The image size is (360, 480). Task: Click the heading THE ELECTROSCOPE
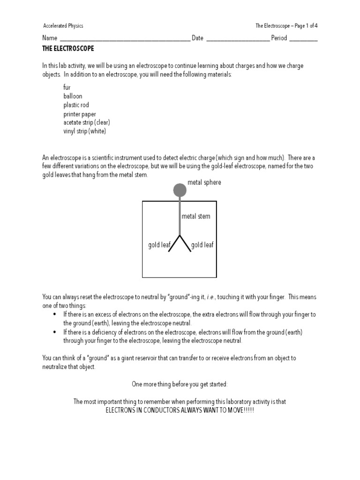[x=68, y=48]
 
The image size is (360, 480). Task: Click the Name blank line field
[x=125, y=39]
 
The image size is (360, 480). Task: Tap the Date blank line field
[x=238, y=39]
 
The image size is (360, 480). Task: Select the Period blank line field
[x=303, y=39]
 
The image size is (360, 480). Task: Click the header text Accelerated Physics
[x=63, y=26]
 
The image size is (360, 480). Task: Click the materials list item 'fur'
[x=67, y=87]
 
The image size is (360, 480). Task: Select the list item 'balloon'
[x=73, y=96]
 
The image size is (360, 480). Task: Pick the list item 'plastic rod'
[x=76, y=105]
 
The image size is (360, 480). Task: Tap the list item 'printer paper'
[x=80, y=114]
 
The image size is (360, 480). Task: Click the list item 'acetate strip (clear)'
[x=87, y=122]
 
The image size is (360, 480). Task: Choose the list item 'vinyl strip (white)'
[x=85, y=131]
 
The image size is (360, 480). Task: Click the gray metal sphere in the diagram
[x=180, y=190]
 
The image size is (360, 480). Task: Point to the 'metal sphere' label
[x=204, y=182]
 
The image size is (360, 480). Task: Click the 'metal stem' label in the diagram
[x=196, y=217]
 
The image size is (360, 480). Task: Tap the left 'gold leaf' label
[x=159, y=245]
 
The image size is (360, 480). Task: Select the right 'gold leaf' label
[x=202, y=245]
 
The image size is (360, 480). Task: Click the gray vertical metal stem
[x=180, y=216]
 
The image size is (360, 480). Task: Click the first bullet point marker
[x=55, y=315]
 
